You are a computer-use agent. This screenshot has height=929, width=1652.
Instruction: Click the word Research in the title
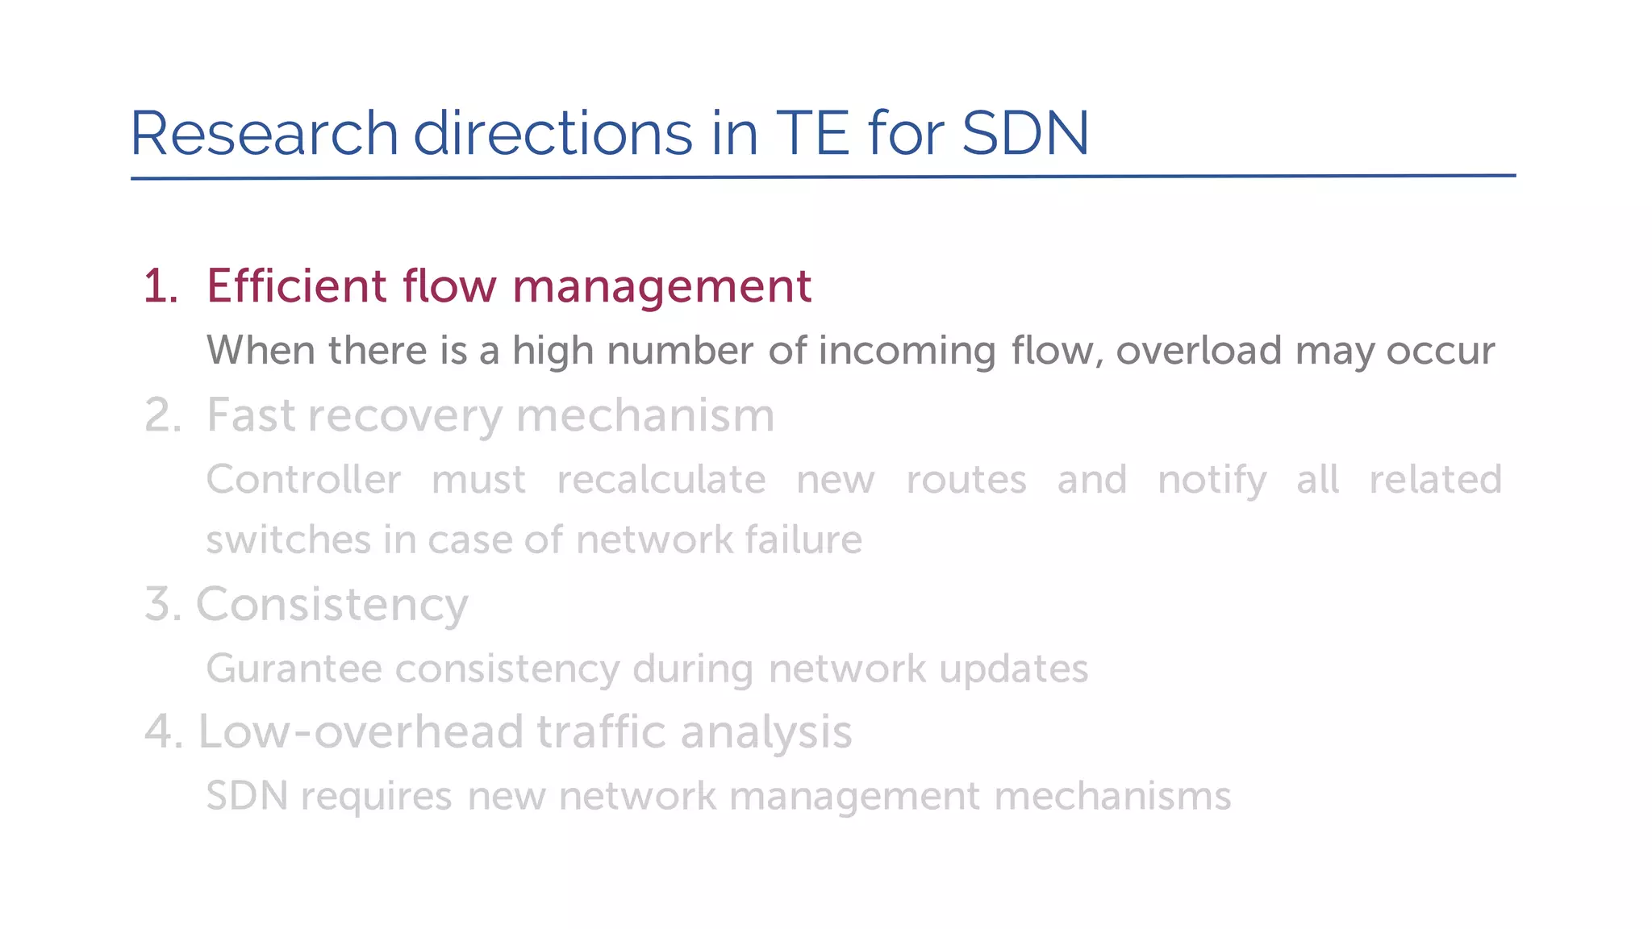click(265, 133)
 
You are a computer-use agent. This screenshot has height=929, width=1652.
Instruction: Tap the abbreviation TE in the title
click(812, 133)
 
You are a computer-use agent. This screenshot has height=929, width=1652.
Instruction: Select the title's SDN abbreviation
click(1025, 133)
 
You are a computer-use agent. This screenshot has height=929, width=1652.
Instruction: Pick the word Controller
click(303, 480)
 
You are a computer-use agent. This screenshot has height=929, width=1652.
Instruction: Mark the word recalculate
click(661, 480)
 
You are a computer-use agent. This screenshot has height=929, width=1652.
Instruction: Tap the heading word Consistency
click(332, 606)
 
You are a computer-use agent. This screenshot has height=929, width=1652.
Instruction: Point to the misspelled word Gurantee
click(294, 669)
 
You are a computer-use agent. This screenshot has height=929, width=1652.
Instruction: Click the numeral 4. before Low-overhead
click(164, 732)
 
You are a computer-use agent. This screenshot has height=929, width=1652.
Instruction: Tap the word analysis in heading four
click(766, 733)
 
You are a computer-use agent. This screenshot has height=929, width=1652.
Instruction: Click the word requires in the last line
click(376, 797)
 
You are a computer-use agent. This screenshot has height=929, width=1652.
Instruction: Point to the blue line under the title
click(823, 177)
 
